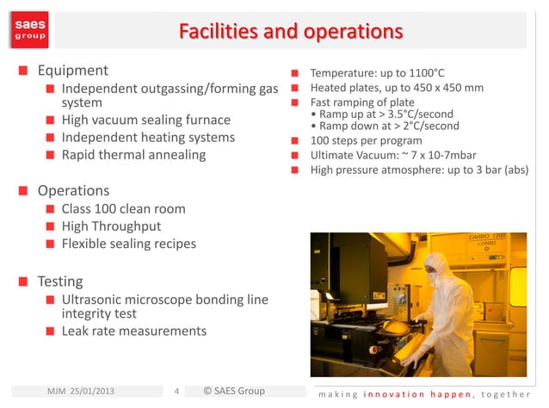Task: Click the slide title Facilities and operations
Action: point(290,32)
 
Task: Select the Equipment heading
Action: point(72,71)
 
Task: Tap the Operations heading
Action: point(73,190)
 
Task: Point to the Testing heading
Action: point(60,281)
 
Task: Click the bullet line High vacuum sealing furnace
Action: point(145,120)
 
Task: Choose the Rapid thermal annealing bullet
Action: point(133,155)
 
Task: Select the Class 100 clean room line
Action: point(123,208)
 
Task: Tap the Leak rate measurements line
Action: point(133,331)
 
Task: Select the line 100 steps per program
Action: point(366,140)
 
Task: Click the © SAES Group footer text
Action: point(233,392)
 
